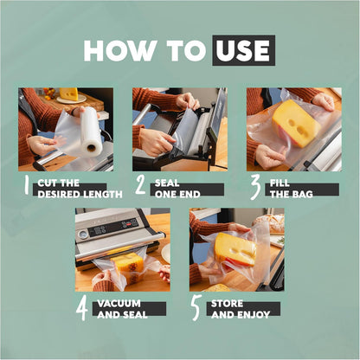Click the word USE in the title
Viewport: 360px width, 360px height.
[243, 50]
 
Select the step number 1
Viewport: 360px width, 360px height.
[27, 185]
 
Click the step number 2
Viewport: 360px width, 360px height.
[140, 185]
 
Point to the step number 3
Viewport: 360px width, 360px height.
[255, 188]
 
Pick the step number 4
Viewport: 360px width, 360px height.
[82, 309]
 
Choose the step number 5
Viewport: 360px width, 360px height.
[196, 308]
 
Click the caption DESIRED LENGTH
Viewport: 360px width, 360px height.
[80, 195]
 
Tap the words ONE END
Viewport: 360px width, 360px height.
[177, 195]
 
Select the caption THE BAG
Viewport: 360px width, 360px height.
[292, 195]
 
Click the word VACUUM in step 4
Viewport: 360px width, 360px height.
[119, 304]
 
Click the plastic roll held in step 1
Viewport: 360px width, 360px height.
[91, 131]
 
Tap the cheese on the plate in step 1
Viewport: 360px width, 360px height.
[68, 94]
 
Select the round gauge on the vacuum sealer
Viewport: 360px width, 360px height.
[83, 235]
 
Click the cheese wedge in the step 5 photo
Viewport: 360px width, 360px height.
[235, 249]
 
